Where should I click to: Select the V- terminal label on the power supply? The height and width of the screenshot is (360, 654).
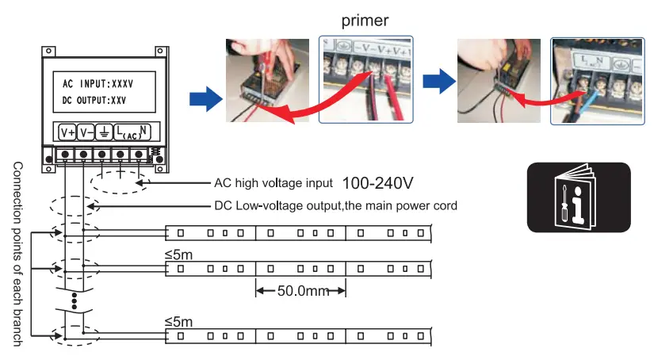[86, 132]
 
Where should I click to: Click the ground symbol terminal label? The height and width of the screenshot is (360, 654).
[103, 132]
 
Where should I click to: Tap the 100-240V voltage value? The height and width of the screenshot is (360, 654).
[378, 183]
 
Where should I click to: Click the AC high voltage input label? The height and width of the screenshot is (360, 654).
[273, 183]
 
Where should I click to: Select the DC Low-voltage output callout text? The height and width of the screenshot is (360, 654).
[335, 206]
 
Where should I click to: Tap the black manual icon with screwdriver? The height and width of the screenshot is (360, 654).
[579, 197]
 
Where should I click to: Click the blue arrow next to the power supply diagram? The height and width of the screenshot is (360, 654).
[204, 99]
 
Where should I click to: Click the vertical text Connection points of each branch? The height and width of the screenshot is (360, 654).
[17, 254]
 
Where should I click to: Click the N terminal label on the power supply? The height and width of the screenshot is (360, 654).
[143, 130]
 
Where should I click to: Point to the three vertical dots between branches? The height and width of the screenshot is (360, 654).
[74, 301]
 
